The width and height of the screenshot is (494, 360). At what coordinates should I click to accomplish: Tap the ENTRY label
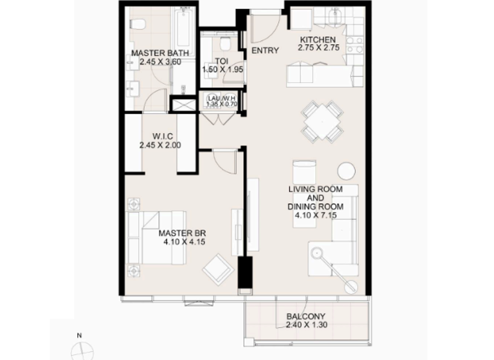point(264,51)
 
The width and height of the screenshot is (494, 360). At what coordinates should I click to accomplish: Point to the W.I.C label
point(160,136)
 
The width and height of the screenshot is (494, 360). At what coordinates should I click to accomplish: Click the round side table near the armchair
point(346,170)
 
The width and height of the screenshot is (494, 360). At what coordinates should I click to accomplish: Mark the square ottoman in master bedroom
point(217,269)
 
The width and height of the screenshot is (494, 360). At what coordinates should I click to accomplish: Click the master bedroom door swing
point(226,161)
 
